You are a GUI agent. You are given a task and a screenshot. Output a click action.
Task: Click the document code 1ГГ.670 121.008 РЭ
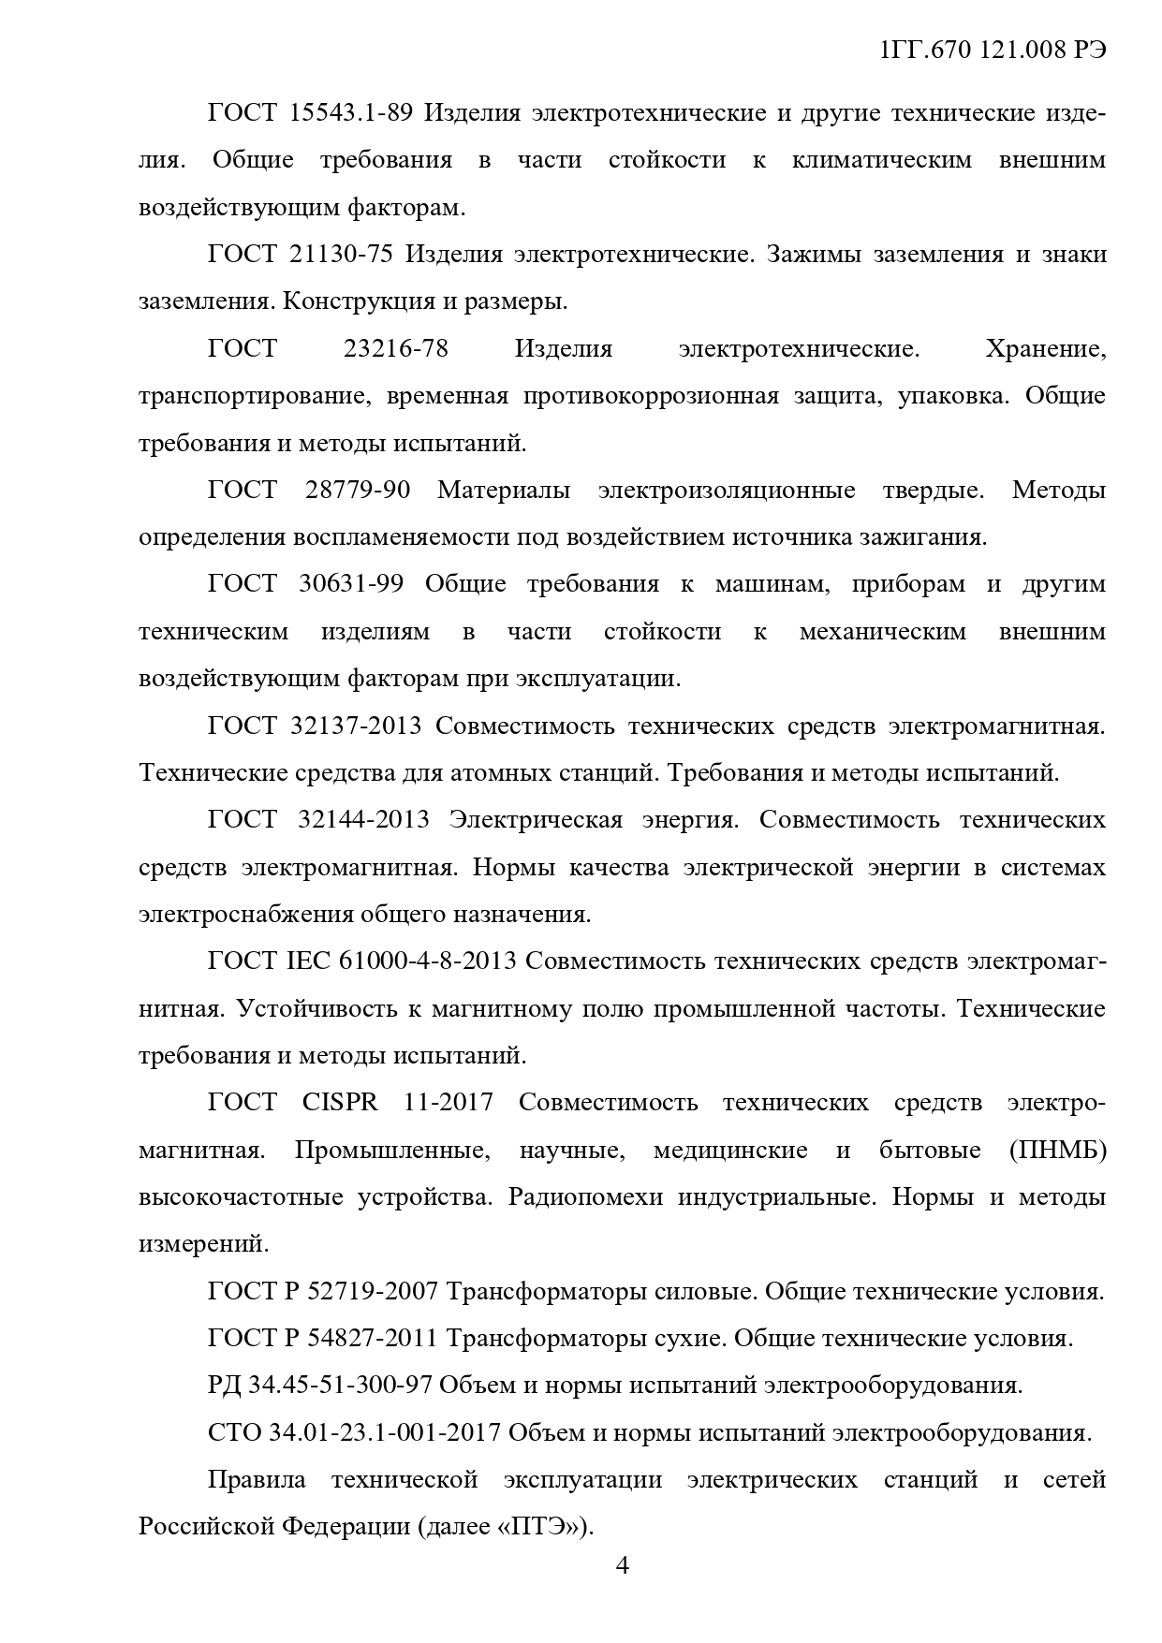coord(993,51)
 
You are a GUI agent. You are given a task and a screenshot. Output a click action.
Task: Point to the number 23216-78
coord(395,349)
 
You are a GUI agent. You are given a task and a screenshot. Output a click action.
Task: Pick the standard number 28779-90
coord(358,490)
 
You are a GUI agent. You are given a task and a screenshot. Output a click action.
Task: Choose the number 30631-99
coord(351,584)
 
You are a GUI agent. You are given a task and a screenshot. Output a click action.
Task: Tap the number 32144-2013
coord(363,820)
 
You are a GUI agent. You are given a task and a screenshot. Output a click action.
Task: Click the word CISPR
coord(340,1102)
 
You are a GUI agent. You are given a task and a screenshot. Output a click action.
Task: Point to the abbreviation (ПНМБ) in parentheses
coord(1058,1150)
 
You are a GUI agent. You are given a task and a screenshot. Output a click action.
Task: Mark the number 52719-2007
coord(372,1292)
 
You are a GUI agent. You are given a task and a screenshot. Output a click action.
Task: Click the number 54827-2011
coord(372,1339)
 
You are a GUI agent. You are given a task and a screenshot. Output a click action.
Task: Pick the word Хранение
coord(1045,349)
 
